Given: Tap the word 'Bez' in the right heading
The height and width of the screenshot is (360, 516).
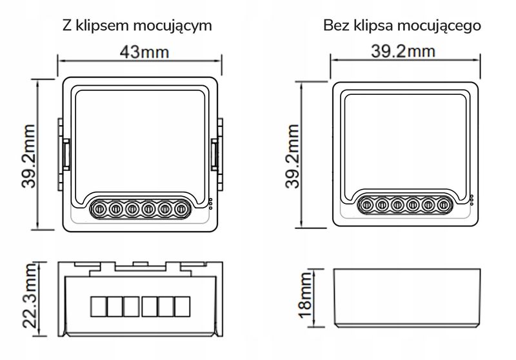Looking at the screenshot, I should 337,26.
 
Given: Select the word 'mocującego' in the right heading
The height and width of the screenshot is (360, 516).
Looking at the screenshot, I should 447,26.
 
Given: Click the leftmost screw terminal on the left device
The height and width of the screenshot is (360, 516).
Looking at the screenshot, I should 100,208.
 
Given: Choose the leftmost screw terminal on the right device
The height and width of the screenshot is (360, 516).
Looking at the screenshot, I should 365,205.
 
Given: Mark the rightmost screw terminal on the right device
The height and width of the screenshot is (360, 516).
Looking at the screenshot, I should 444,205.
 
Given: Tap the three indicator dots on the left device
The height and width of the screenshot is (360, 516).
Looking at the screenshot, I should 210,203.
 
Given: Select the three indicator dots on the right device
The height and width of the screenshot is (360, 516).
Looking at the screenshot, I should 471,200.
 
